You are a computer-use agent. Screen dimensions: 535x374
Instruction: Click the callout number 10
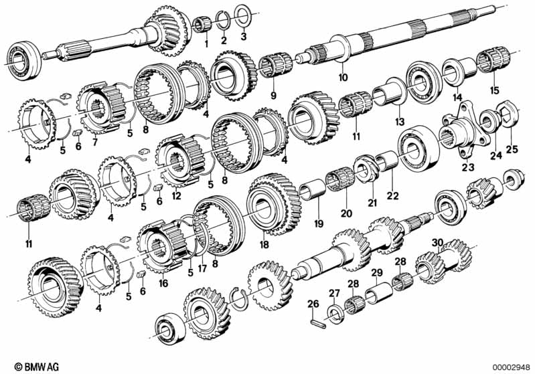[343, 78]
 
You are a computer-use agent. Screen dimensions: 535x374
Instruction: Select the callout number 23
[468, 167]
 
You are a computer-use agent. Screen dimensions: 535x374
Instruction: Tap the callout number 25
[512, 149]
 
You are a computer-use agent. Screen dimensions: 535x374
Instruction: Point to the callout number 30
[437, 243]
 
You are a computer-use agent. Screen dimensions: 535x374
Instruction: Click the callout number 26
[313, 304]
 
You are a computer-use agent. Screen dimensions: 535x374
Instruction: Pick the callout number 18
[264, 244]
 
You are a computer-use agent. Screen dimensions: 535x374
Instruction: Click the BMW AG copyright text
[37, 367]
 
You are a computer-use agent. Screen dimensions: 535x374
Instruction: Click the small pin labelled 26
[319, 324]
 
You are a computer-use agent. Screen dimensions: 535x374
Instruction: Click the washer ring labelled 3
[244, 15]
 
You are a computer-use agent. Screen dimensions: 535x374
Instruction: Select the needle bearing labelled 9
[275, 65]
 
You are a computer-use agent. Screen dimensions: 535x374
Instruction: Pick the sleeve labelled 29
[379, 293]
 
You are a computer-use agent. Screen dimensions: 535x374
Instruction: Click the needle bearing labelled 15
[493, 60]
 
